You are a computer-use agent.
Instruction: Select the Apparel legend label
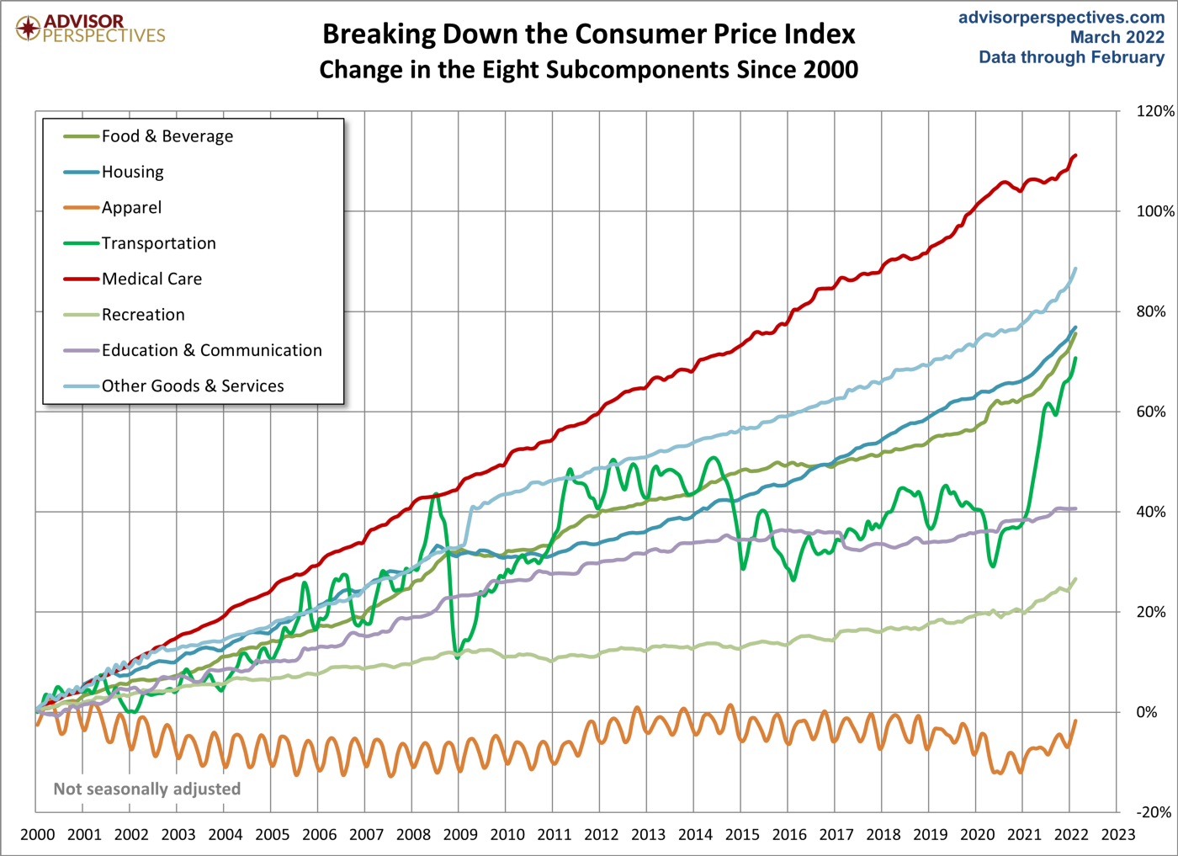tap(131, 208)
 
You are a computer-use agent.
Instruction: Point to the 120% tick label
tap(1154, 111)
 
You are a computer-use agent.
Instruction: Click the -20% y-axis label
tap(1154, 812)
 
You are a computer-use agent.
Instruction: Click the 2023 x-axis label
tap(1118, 835)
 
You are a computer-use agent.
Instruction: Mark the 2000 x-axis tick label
tap(37, 835)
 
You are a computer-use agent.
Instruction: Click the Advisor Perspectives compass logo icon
tap(29, 28)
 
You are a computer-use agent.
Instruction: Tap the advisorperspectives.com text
tap(1061, 18)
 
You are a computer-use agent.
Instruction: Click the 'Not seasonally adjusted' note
tap(147, 789)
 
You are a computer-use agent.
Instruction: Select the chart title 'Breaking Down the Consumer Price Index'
tap(588, 35)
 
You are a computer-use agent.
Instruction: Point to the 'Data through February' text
tap(1071, 57)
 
